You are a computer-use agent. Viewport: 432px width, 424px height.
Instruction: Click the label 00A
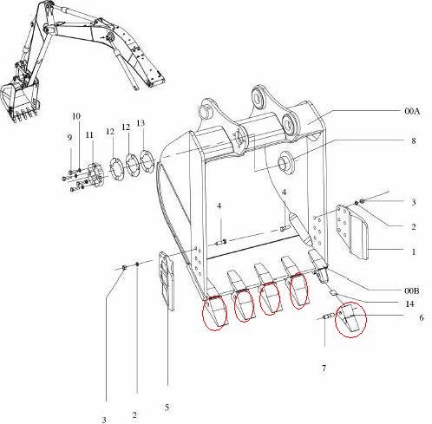(x=410, y=111)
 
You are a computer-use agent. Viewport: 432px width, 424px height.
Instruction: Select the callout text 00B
(x=410, y=290)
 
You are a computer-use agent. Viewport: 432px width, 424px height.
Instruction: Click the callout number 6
(x=421, y=318)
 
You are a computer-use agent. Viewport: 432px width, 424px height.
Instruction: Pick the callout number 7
(x=324, y=369)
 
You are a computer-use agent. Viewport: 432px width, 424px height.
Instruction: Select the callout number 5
(x=167, y=407)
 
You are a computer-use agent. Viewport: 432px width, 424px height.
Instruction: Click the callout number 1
(x=414, y=252)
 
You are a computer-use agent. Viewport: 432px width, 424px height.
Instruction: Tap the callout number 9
(x=69, y=137)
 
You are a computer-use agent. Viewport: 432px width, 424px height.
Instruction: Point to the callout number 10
(x=76, y=115)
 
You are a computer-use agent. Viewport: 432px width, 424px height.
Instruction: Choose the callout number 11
(x=88, y=134)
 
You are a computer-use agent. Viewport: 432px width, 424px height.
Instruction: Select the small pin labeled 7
(x=328, y=317)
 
